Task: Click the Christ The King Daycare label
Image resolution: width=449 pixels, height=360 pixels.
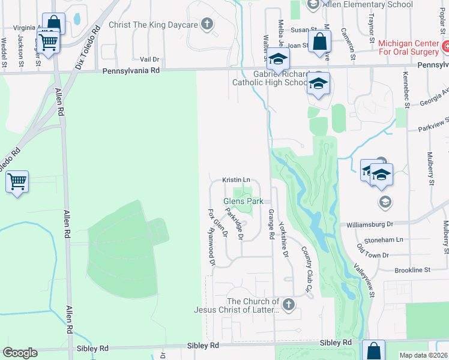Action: coord(153,25)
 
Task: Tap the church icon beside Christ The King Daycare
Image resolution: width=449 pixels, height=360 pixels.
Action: coord(206,25)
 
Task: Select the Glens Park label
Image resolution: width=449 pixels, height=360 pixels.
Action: coord(244,202)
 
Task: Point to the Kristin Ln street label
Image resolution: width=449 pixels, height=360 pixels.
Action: coord(236,179)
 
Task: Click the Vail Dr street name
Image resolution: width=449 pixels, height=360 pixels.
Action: coord(149,59)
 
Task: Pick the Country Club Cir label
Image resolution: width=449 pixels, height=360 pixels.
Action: coord(308,270)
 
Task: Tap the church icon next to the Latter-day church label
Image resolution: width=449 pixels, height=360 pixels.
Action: coord(288,304)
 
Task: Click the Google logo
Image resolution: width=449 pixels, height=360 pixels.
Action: coord(20,353)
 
